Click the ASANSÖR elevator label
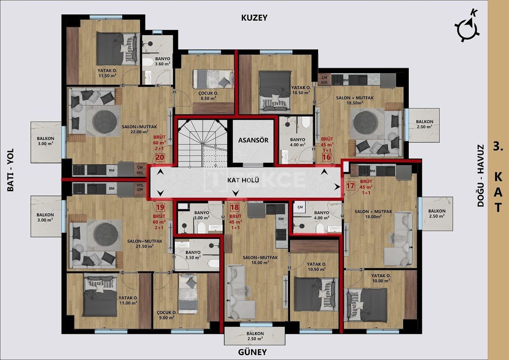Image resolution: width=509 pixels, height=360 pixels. coord(253,140)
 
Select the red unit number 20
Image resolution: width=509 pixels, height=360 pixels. coord(160,157)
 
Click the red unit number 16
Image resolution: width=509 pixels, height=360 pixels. coord(326,157)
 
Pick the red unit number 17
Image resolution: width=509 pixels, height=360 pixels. coord(350,185)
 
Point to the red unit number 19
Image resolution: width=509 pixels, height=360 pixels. coord(160,207)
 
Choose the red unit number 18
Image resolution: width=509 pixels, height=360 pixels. coord(234,207)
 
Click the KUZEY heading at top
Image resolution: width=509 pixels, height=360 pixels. coord(254,18)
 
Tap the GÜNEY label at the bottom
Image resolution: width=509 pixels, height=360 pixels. coord(253,352)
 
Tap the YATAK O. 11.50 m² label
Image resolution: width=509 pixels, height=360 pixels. coord(107,73)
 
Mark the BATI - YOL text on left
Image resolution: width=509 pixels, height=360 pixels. coord(10,170)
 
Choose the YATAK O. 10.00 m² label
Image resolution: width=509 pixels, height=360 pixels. coord(381,278)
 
